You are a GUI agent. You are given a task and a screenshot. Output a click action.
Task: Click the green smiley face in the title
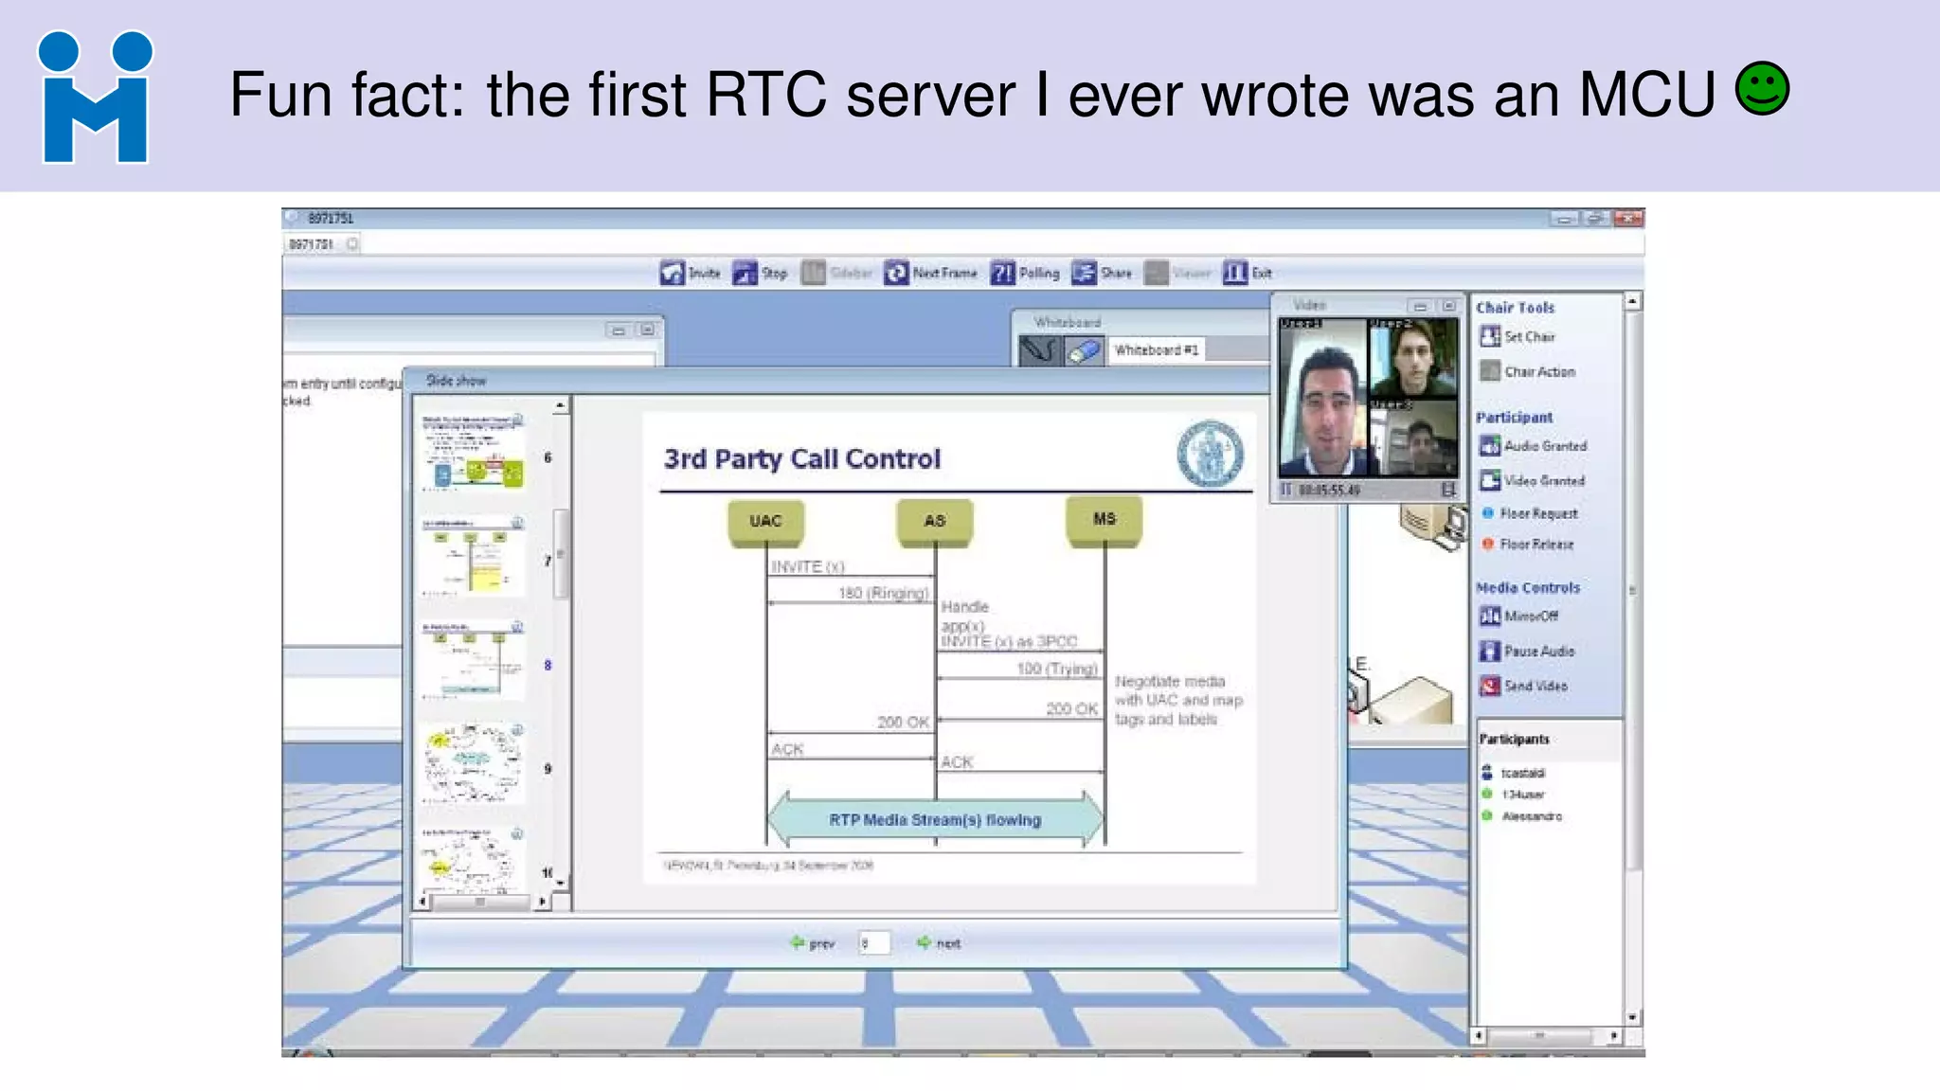pyautogui.click(x=1762, y=90)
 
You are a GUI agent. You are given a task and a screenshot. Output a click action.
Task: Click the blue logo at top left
pyautogui.click(x=95, y=98)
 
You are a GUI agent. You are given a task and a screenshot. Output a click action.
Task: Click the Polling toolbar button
pyautogui.click(x=1025, y=273)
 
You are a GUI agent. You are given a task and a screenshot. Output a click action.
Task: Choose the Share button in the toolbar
pyautogui.click(x=1102, y=273)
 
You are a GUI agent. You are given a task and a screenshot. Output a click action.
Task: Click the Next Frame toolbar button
pyautogui.click(x=930, y=273)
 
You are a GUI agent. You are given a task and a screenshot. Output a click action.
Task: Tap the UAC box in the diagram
pyautogui.click(x=765, y=521)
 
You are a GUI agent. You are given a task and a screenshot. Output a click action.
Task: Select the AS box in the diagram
pyautogui.click(x=934, y=521)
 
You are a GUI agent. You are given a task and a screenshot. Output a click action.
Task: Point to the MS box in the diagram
pyautogui.click(x=1104, y=519)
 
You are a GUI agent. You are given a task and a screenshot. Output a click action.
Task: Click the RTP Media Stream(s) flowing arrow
pyautogui.click(x=935, y=819)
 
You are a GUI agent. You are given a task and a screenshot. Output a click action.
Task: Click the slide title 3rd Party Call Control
pyautogui.click(x=801, y=459)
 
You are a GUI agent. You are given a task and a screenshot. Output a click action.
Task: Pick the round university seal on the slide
pyautogui.click(x=1210, y=454)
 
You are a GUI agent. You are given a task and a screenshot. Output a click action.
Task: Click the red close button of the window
pyautogui.click(x=1628, y=219)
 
